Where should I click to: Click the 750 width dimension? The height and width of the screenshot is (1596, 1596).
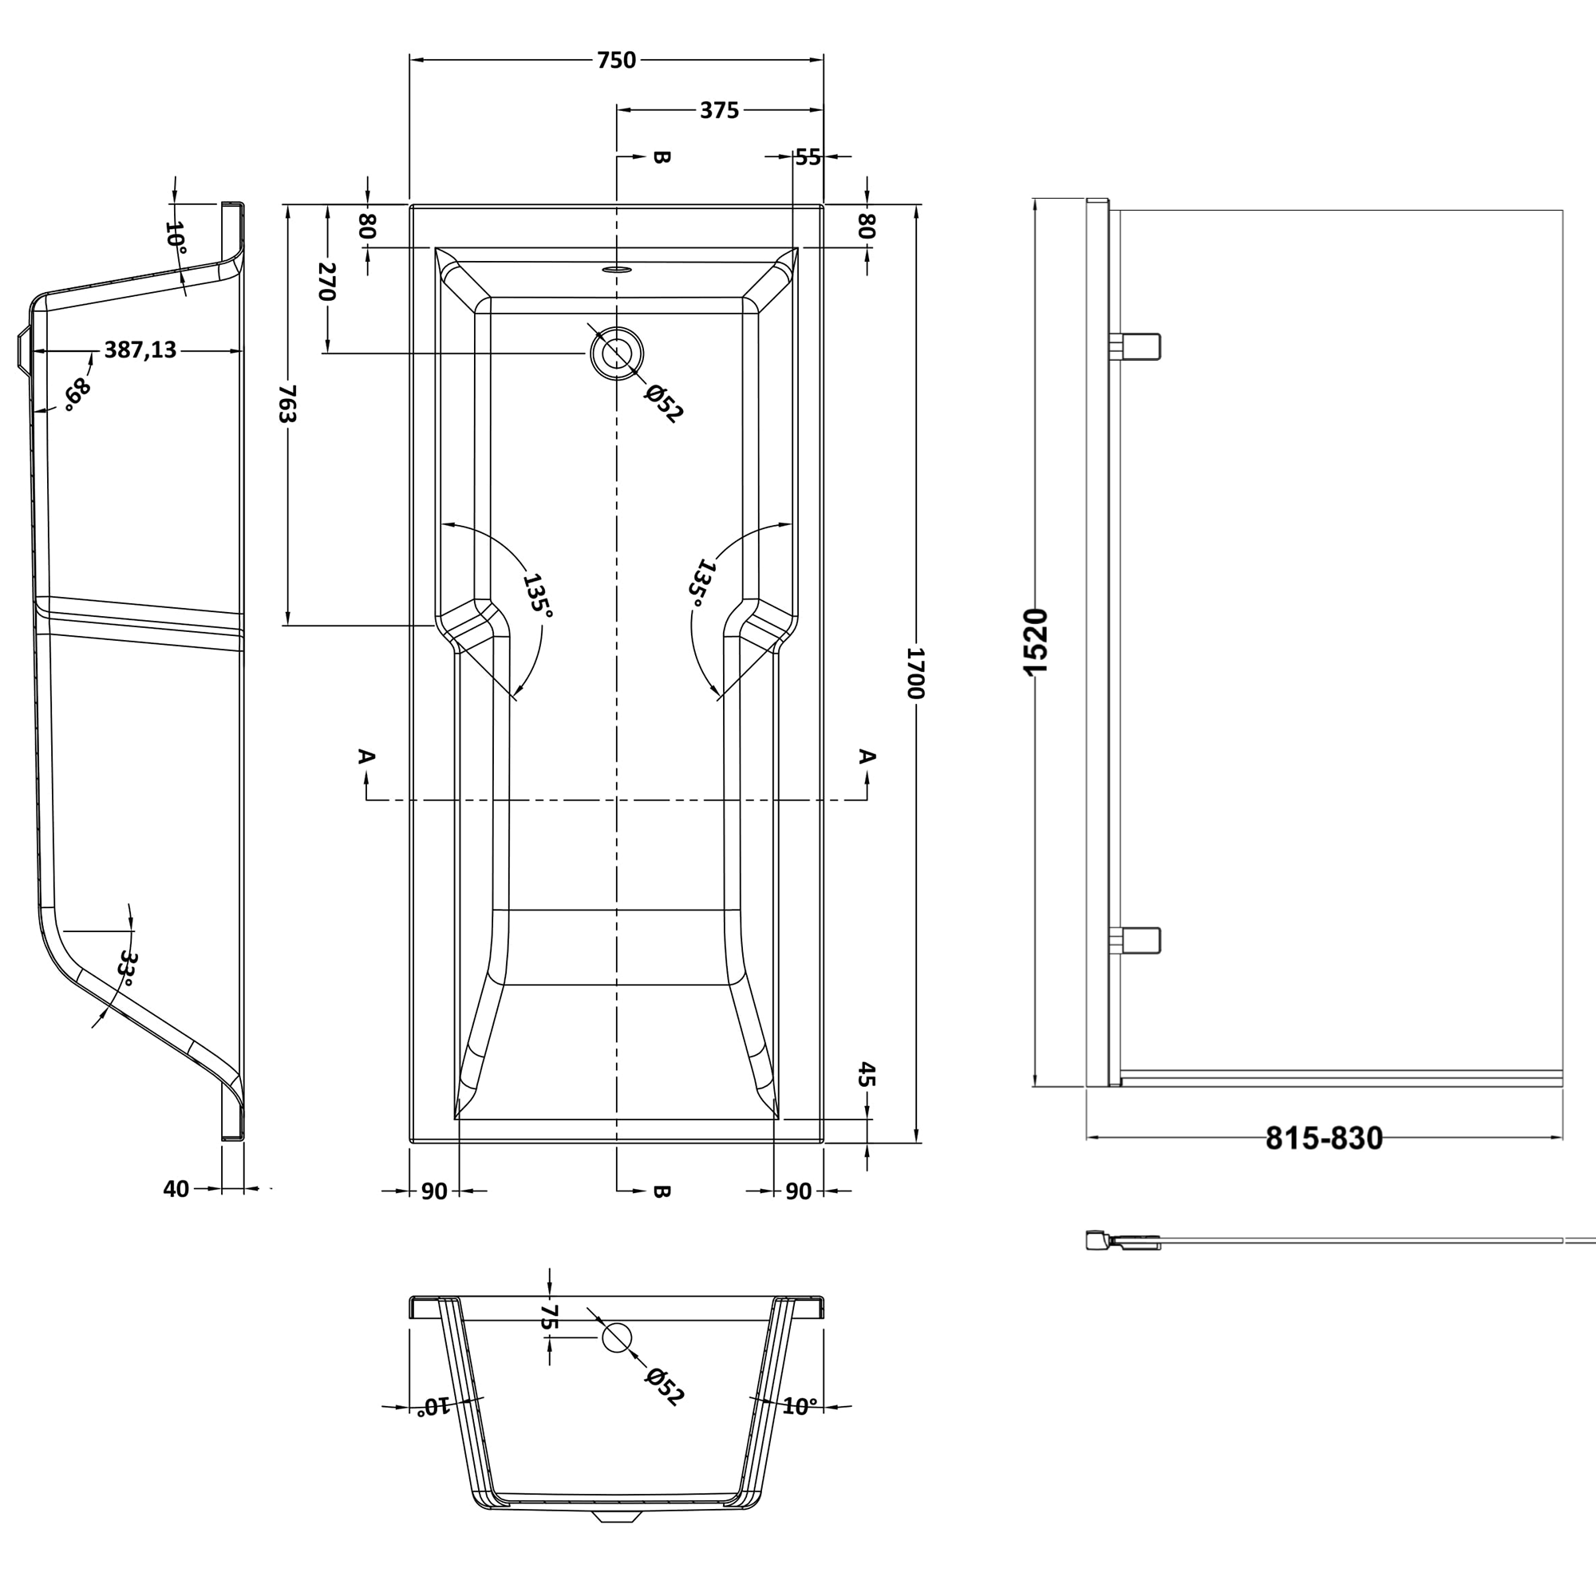tap(616, 61)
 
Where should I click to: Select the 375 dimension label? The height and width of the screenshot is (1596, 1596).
tap(719, 111)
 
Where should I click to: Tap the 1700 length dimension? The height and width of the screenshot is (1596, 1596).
tap(915, 674)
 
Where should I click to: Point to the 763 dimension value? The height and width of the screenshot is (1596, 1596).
tap(286, 403)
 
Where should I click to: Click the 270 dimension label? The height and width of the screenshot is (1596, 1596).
tap(327, 282)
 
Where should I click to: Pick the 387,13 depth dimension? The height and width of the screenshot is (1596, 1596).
tap(140, 350)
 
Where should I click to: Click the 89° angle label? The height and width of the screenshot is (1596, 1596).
tap(77, 393)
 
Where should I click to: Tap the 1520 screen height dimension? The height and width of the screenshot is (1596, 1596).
tap(1036, 641)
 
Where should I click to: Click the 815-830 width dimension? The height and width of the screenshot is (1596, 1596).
tap(1323, 1140)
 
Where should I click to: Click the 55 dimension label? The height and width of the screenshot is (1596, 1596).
tap(808, 157)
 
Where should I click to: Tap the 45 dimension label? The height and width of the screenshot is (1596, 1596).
tap(867, 1075)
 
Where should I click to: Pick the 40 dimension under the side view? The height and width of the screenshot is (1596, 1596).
tap(176, 1189)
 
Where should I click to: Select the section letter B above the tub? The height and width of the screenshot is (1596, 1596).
tap(661, 157)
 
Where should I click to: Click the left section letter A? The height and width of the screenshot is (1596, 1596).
tap(367, 756)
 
